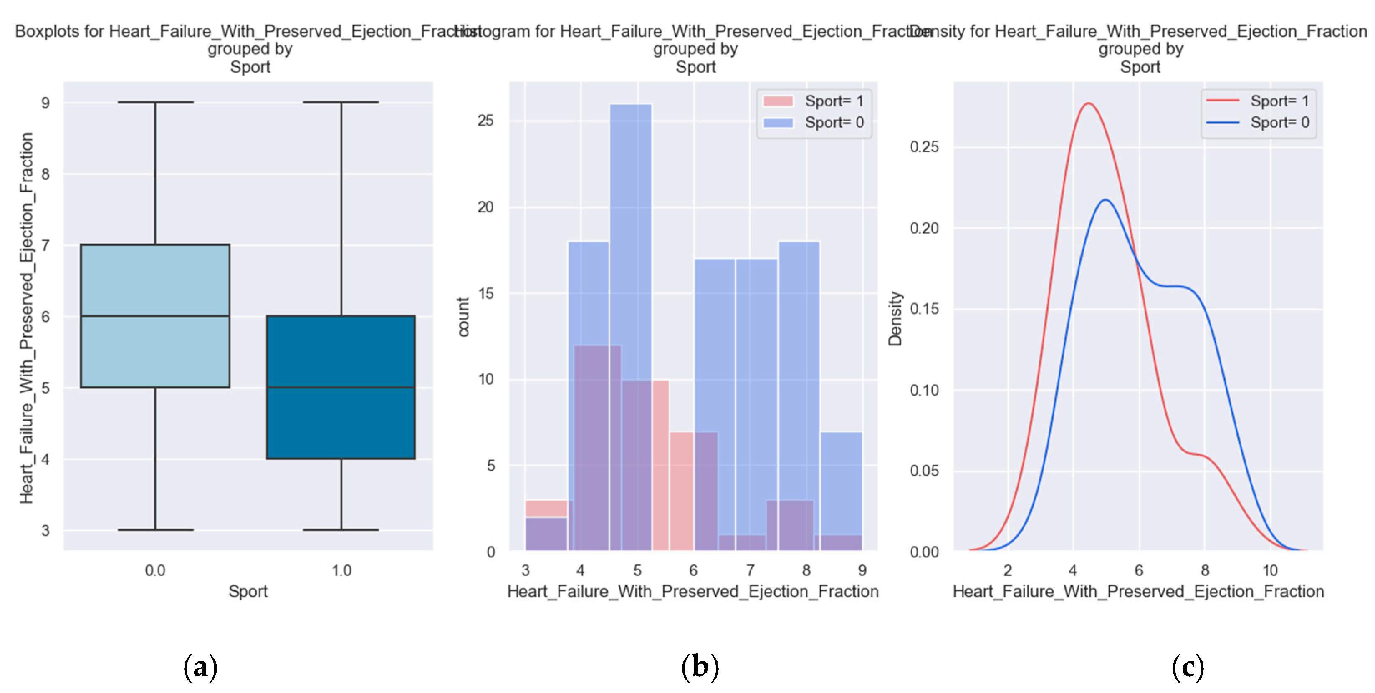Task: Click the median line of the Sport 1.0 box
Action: [x=341, y=387]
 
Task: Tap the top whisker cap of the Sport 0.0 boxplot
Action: [x=155, y=102]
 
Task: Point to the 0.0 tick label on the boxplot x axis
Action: [x=155, y=570]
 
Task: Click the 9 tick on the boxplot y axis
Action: [x=45, y=103]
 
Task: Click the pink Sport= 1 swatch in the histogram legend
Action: [x=778, y=101]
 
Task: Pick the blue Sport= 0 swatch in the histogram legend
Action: [x=778, y=123]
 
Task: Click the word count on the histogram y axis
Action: [x=463, y=317]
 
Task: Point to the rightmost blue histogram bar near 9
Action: [x=841, y=480]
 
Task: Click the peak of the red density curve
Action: [x=1088, y=103]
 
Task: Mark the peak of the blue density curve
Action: [x=1105, y=200]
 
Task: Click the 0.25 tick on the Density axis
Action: [x=924, y=147]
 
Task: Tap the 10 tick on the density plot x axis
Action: [x=1270, y=570]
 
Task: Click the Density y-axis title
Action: [x=895, y=318]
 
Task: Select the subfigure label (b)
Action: [x=700, y=667]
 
